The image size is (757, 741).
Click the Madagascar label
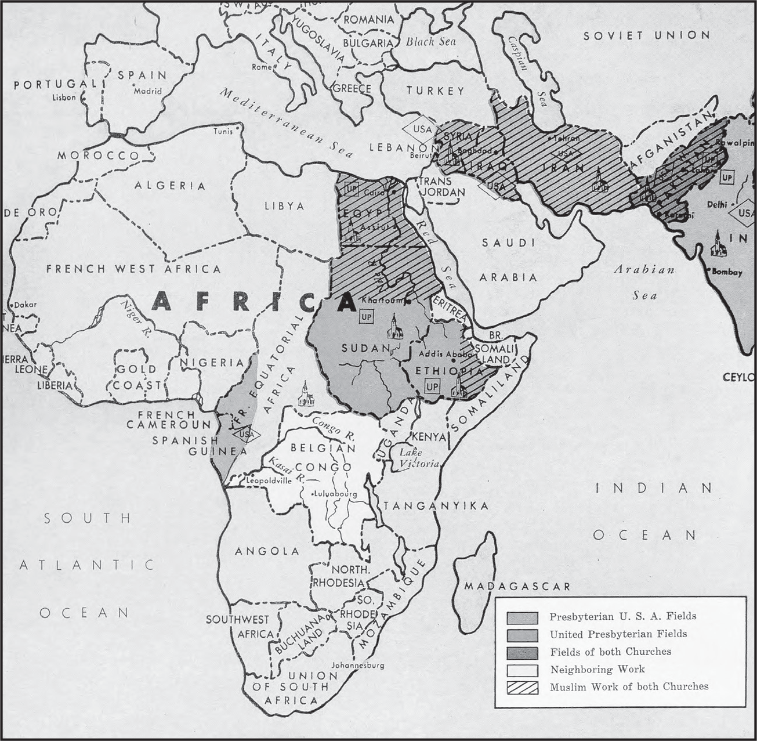click(x=517, y=587)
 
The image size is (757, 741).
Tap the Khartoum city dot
click(x=408, y=302)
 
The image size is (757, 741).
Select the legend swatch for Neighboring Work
click(x=522, y=670)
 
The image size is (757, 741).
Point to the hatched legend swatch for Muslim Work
click(x=522, y=687)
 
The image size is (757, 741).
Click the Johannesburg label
click(x=357, y=665)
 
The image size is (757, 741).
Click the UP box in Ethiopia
click(x=432, y=386)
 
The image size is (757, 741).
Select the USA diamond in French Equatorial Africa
click(x=245, y=433)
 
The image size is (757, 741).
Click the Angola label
click(x=267, y=551)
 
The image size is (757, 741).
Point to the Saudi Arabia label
click(x=508, y=260)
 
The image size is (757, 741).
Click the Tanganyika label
click(x=436, y=506)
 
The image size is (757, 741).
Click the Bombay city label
click(x=727, y=272)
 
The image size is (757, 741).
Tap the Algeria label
click(x=170, y=186)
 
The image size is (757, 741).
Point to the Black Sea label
click(x=430, y=42)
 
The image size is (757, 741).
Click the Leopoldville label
click(x=269, y=480)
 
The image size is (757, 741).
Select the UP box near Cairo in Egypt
click(x=351, y=189)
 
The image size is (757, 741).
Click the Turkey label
click(x=435, y=91)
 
